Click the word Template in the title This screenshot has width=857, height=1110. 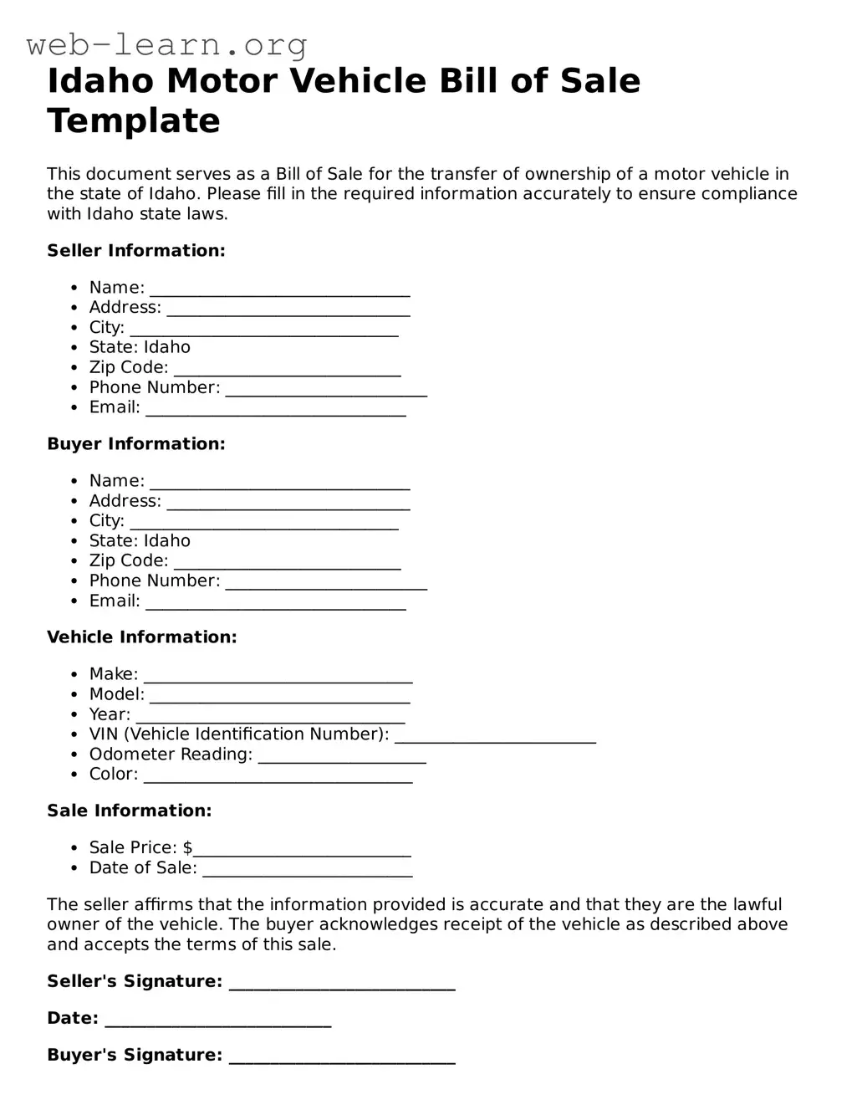134,120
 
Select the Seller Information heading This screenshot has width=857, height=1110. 136,251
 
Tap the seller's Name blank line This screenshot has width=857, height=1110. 279,293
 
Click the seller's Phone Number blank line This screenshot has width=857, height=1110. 326,393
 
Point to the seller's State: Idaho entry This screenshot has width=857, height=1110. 140,347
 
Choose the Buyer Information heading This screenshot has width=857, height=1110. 136,444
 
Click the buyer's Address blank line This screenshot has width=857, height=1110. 288,506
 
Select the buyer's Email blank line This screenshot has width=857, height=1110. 276,606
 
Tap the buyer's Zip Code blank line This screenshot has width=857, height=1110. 287,566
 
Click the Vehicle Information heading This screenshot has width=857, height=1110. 142,637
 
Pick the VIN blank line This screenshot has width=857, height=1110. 495,739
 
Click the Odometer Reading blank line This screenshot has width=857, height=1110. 342,760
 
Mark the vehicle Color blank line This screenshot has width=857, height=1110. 278,780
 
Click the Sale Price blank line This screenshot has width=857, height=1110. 302,853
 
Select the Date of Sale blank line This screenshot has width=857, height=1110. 308,873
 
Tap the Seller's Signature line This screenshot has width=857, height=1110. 342,987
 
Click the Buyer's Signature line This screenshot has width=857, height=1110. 342,1061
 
